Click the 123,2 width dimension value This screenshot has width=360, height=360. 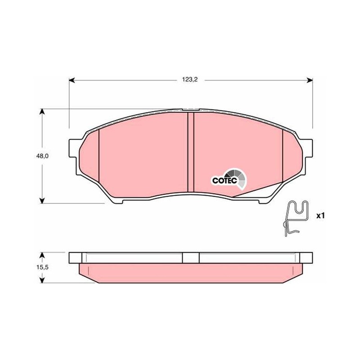190,80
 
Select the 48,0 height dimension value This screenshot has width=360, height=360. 42,156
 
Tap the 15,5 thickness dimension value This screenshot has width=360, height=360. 42,267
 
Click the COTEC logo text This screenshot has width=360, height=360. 225,180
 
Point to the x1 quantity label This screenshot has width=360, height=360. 320,216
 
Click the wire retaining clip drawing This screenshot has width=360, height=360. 296,218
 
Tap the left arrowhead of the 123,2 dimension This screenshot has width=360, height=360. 72,80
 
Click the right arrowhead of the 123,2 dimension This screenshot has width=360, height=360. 310,80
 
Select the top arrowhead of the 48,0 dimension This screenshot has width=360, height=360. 42,112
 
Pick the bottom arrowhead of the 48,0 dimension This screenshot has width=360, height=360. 42,200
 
